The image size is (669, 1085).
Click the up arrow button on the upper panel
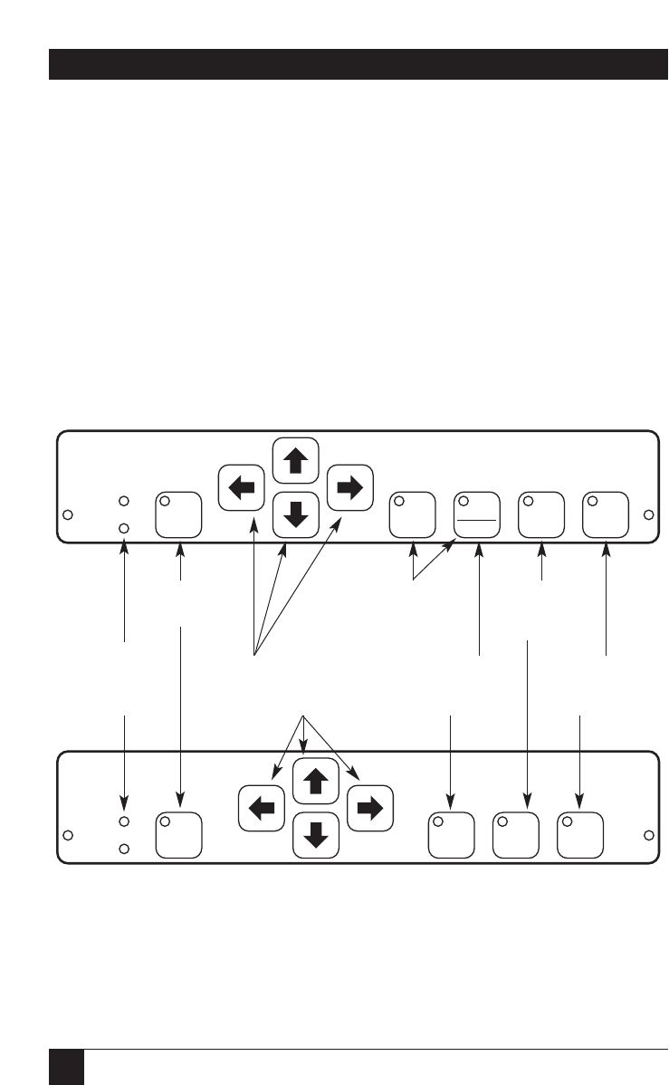tap(295, 461)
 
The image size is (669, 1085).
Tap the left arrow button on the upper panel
tap(242, 488)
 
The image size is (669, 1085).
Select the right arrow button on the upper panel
tap(349, 487)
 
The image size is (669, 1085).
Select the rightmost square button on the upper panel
tap(606, 514)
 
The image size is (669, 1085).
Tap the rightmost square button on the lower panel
tap(580, 834)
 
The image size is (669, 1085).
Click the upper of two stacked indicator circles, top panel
tap(125, 501)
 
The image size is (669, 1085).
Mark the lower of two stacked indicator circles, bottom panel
tap(125, 849)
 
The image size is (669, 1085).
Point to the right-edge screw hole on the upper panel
tap(648, 515)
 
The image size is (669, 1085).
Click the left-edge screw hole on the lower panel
tap(67, 835)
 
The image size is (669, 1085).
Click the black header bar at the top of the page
tap(358, 64)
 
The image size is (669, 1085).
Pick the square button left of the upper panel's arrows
tap(178, 514)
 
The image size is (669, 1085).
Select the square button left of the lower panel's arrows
tap(178, 834)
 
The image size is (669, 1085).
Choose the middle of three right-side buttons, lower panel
tap(515, 834)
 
